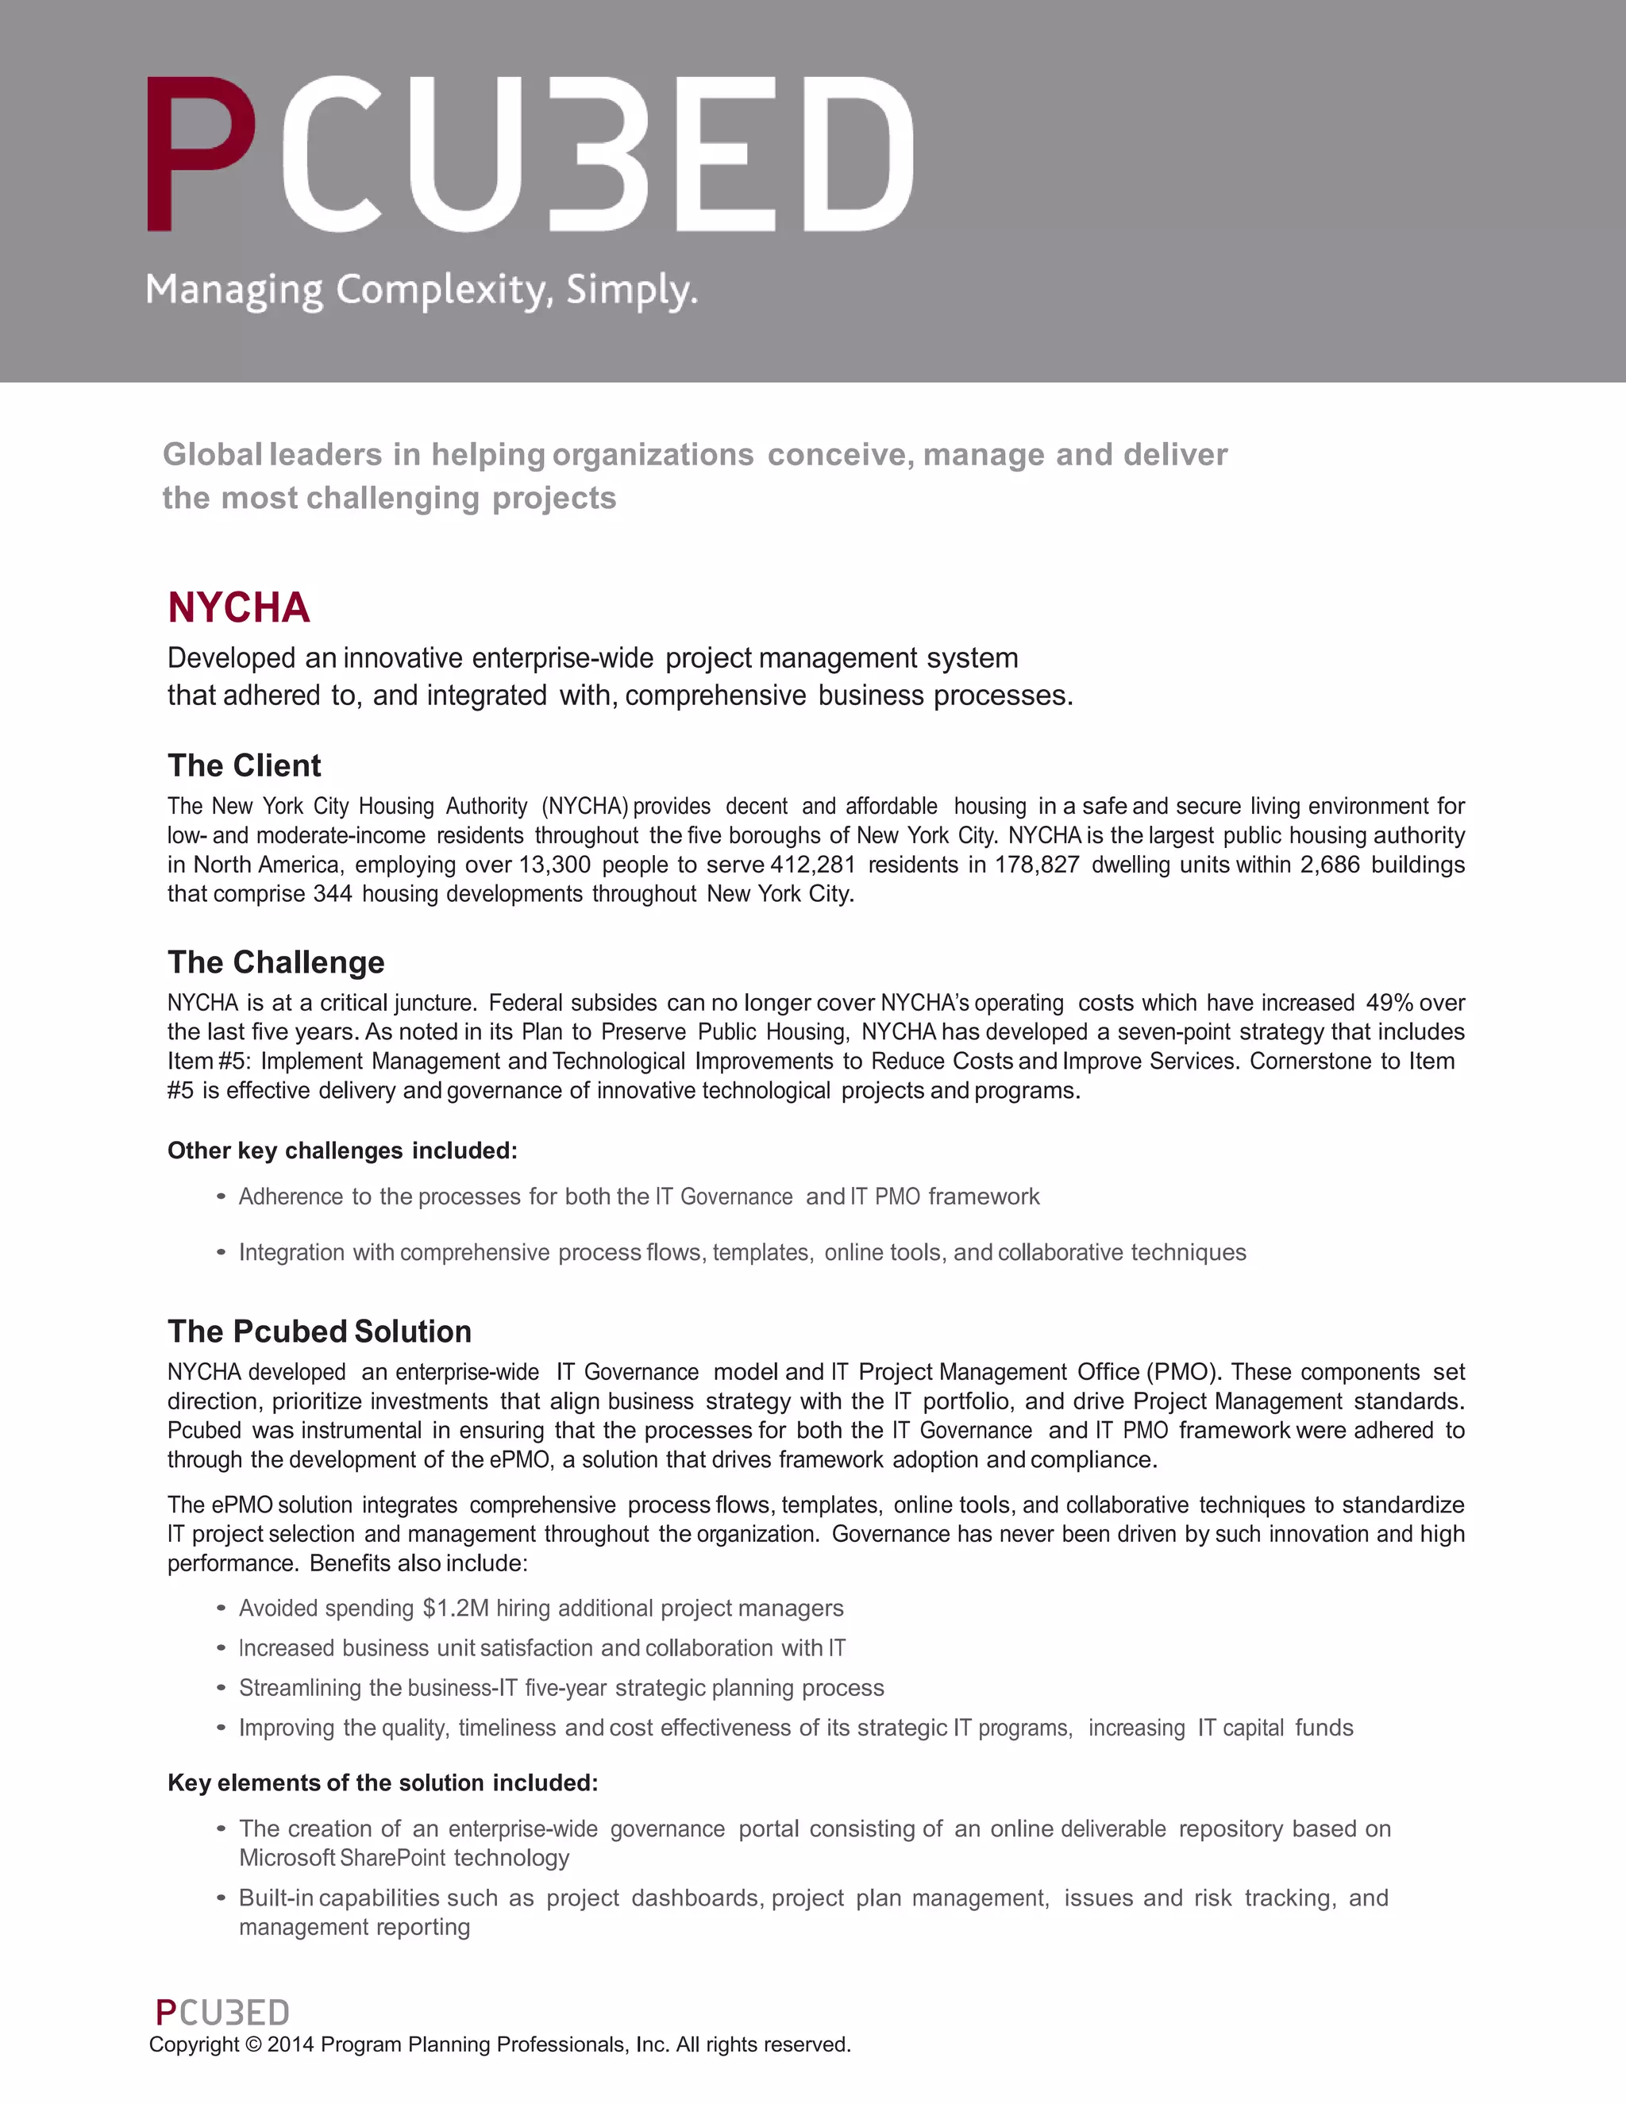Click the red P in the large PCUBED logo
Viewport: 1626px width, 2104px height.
click(x=199, y=154)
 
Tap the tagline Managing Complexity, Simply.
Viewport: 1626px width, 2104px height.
click(x=421, y=290)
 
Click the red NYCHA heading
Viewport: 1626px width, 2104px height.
click(x=239, y=608)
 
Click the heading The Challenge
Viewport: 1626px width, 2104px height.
click(x=275, y=961)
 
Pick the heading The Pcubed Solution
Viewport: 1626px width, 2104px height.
click(x=320, y=1331)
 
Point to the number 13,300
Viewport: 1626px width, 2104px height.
click(x=554, y=865)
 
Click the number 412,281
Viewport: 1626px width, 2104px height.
click(x=812, y=865)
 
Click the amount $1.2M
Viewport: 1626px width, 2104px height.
click(x=456, y=1608)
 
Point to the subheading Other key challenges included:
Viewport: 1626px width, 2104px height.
click(x=342, y=1150)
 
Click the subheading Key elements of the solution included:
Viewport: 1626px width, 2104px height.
click(x=383, y=1782)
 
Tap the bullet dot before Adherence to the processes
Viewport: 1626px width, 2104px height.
click(x=221, y=1197)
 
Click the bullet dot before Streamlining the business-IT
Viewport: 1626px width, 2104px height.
click(x=221, y=1688)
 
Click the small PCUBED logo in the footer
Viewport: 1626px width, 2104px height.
click(x=222, y=2013)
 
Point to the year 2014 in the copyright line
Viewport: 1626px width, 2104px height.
click(x=291, y=2044)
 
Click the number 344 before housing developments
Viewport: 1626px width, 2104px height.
click(x=333, y=894)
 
